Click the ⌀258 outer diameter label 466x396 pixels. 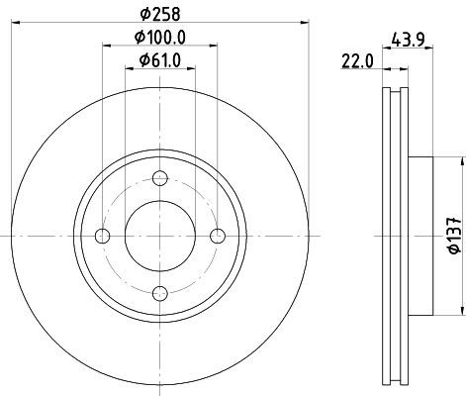point(160,14)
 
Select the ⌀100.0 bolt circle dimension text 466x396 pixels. point(160,37)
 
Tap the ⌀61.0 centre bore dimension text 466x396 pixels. point(160,60)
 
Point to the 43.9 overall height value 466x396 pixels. point(408,40)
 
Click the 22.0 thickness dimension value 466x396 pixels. point(357,61)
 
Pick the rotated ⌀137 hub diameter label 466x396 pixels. point(454,236)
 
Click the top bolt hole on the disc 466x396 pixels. point(160,178)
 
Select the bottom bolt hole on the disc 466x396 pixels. point(160,293)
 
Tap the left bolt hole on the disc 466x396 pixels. point(102,236)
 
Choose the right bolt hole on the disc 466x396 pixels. point(218,236)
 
